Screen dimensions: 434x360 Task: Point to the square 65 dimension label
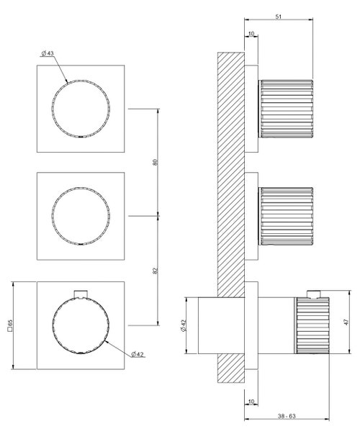pos(9,326)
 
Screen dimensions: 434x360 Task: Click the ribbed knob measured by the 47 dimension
pos(312,325)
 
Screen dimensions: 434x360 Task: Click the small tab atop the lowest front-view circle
pos(82,292)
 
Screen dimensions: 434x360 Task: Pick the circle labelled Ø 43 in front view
pos(81,108)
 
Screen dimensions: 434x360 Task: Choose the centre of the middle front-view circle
pos(81,216)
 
